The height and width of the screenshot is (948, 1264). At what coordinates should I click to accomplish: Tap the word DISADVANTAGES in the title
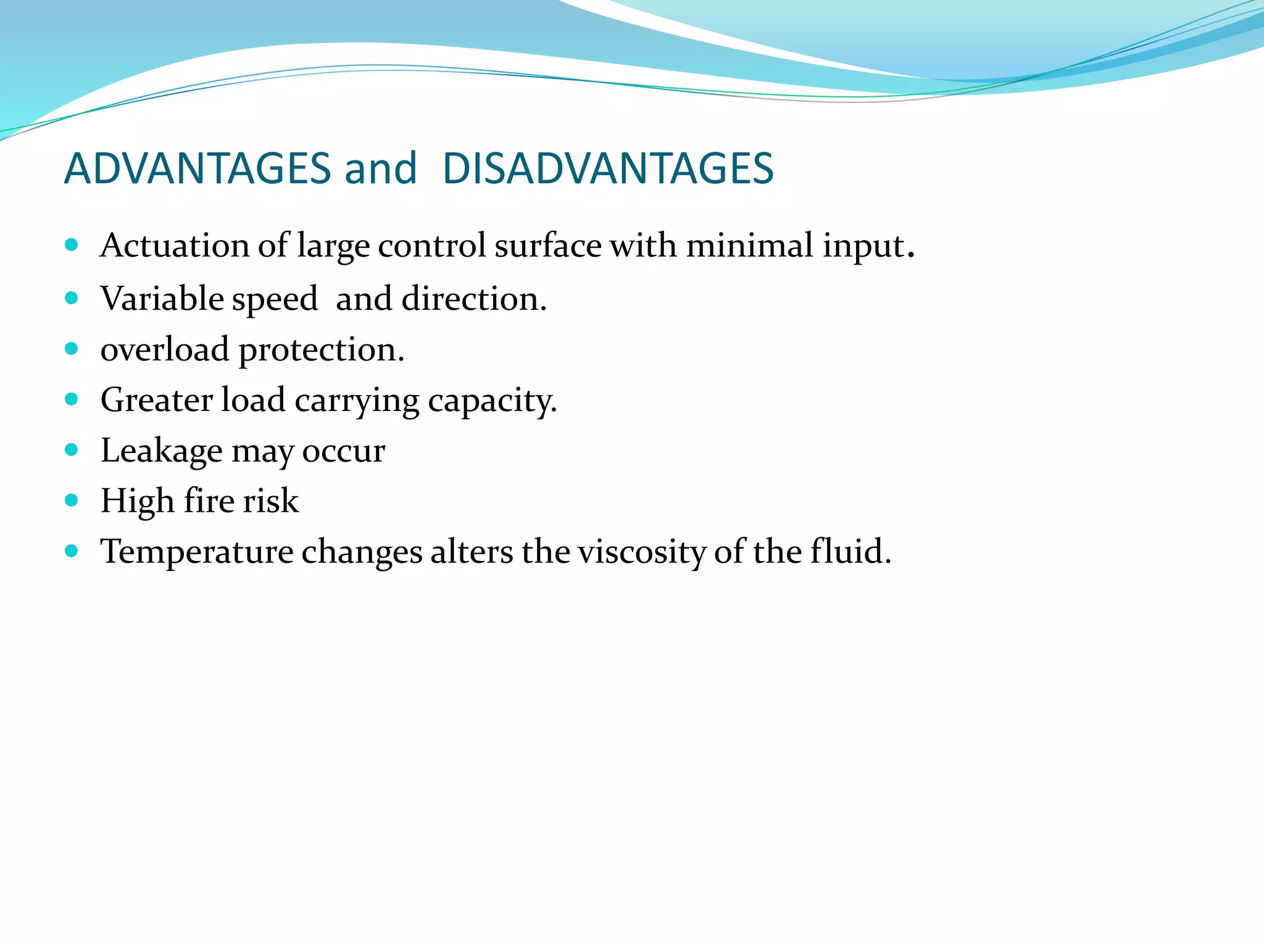point(608,168)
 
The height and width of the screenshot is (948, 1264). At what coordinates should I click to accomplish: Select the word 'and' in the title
point(381,168)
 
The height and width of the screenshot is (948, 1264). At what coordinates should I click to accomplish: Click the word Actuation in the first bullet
point(175,246)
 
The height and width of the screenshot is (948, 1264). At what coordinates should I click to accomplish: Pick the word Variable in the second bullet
point(162,299)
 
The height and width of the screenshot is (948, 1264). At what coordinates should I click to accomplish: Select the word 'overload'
point(165,350)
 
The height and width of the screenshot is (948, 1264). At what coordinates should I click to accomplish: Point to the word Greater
point(157,400)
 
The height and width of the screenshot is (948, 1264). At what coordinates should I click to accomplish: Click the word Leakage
point(161,451)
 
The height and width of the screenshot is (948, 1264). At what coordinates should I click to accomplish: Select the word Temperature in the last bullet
point(197,552)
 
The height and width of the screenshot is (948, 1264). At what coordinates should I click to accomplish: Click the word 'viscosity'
point(641,552)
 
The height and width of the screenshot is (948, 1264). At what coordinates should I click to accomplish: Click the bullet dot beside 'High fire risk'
point(72,500)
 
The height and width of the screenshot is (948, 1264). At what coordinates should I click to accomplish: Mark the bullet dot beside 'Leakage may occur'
point(72,449)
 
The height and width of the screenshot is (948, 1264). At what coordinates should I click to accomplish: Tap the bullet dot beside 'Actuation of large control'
point(72,245)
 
